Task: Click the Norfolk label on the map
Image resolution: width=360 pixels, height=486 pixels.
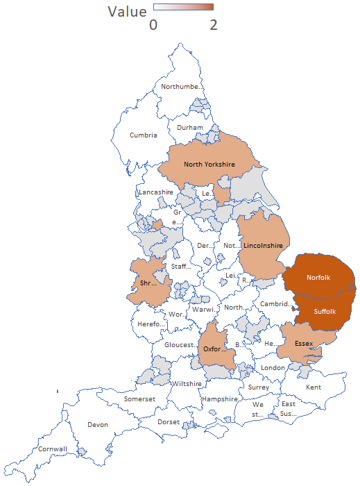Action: coord(318,278)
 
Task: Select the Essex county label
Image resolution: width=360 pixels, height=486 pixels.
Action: coord(303,344)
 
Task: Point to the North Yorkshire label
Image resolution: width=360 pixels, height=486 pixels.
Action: coord(209,165)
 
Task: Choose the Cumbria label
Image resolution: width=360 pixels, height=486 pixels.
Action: coord(143,135)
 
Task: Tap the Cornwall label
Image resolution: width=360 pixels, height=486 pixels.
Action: coord(53,449)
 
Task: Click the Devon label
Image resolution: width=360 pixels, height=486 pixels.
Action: coord(98,425)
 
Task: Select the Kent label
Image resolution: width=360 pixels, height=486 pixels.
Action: coord(314,387)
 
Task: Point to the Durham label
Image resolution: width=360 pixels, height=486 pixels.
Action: coord(190,128)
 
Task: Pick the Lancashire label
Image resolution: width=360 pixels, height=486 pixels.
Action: coord(156,192)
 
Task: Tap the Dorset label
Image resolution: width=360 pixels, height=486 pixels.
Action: coord(169,421)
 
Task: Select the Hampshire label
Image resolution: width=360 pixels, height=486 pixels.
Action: coord(220,399)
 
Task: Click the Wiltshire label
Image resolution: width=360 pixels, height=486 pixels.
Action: coord(186,383)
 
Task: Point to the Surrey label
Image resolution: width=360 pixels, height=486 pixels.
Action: coord(258,387)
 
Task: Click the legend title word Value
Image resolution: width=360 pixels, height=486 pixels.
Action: coord(127,12)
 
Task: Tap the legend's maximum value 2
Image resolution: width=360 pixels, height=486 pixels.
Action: coord(214,24)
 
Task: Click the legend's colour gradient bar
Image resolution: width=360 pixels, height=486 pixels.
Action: coord(183,7)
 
